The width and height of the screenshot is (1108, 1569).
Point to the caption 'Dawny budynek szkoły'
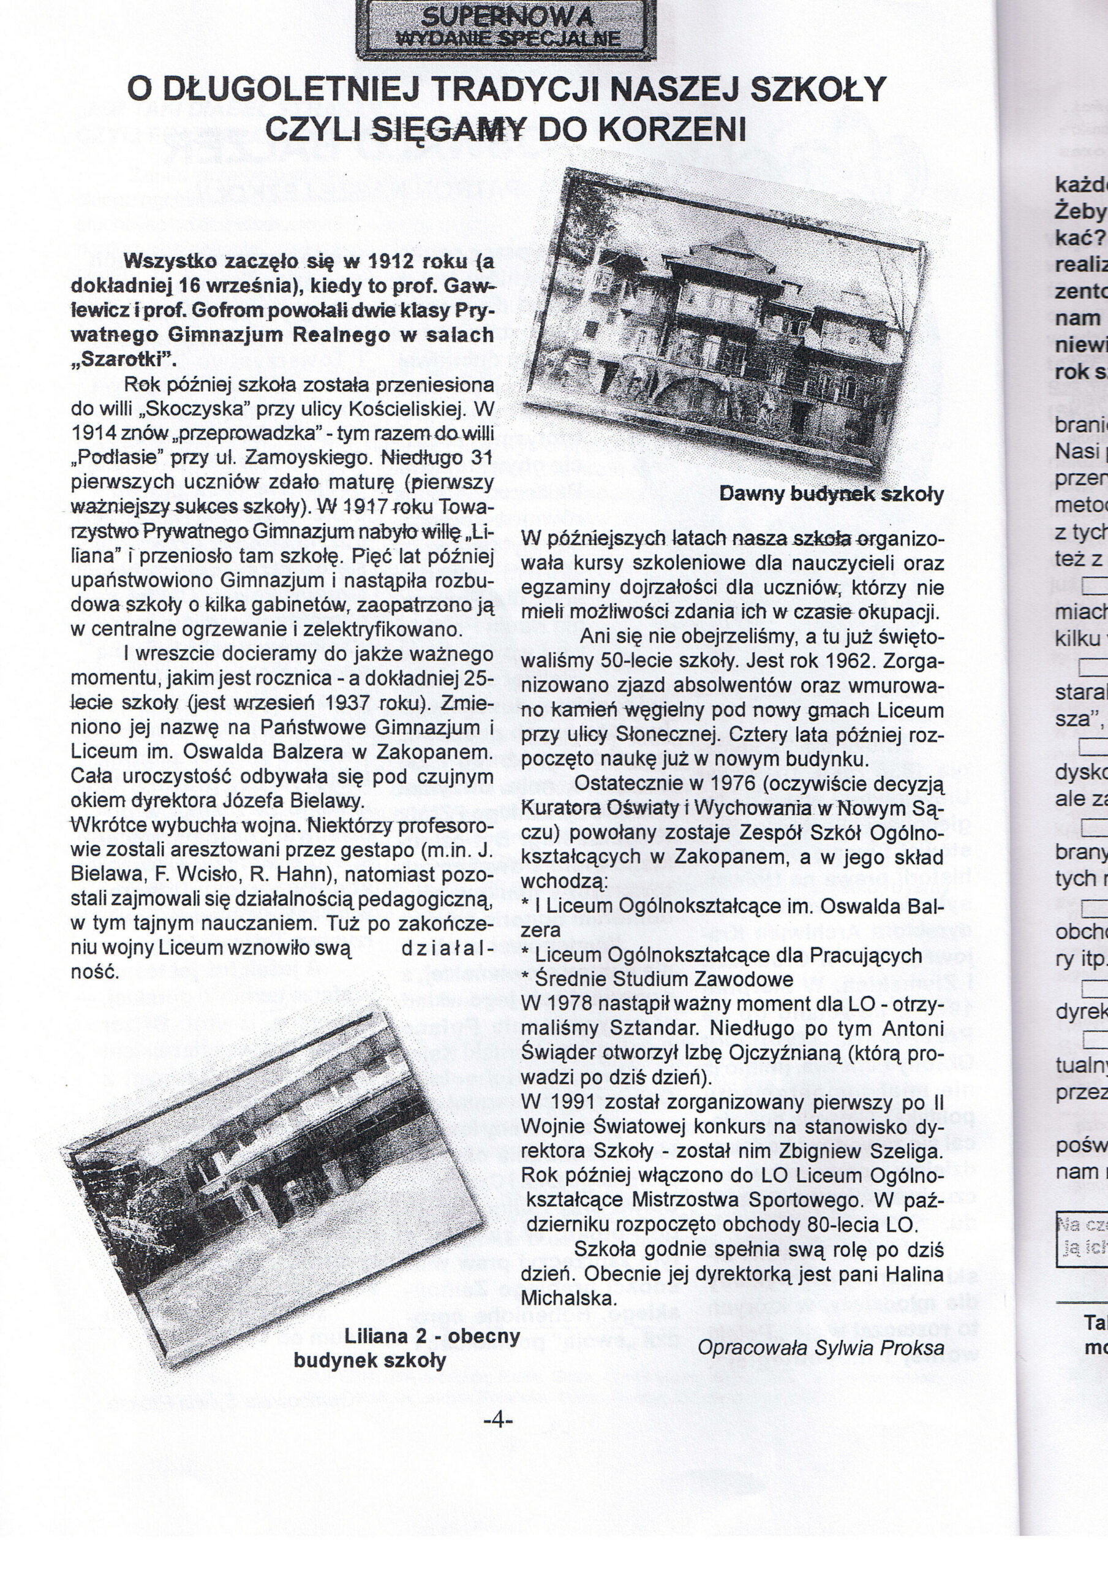coord(831,493)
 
